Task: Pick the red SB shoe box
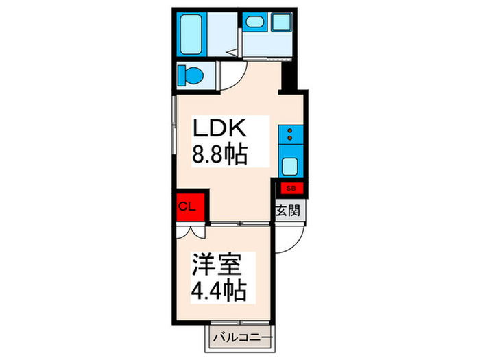[291, 186]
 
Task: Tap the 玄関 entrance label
[287, 211]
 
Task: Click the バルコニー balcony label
[242, 337]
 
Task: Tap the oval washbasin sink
[255, 23]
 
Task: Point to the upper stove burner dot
[290, 130]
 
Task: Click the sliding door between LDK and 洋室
[240, 224]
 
